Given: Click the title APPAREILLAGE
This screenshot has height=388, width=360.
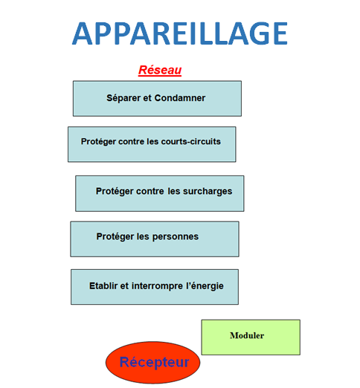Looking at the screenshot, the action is point(180,33).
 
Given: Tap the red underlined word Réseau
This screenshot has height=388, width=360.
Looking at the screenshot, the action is point(160,70).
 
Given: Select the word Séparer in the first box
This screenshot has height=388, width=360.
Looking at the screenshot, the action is point(123,98).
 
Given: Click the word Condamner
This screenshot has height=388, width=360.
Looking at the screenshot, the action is point(180,98).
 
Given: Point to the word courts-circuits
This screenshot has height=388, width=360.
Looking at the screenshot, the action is point(190,141).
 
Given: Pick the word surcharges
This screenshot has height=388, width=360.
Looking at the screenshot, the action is point(208,191).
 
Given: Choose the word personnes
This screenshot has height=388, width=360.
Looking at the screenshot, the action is point(176,237).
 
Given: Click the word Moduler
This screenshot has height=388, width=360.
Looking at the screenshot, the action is point(247,335).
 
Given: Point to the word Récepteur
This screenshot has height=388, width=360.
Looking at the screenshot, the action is point(154,362).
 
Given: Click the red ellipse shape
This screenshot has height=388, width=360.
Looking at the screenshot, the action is point(152,363).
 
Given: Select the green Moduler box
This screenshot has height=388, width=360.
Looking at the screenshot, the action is point(251,337).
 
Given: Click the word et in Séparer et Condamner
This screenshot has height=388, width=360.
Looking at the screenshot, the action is point(147,98).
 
